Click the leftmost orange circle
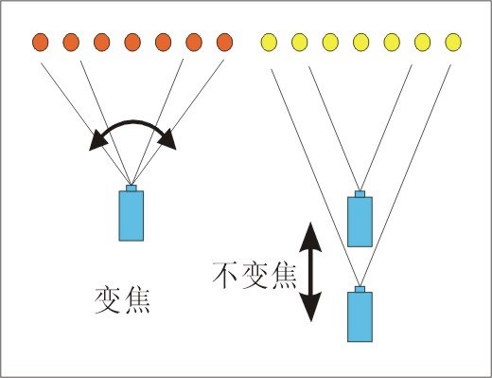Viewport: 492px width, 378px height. click(40, 42)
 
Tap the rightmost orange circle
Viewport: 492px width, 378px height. click(224, 42)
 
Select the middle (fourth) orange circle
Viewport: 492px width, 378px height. click(132, 42)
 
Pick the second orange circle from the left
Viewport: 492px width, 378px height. click(71, 42)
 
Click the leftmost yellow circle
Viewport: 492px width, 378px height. click(269, 42)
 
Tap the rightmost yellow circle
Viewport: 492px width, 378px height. click(453, 42)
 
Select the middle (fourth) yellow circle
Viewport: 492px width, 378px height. click(361, 42)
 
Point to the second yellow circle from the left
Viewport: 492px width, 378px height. click(300, 42)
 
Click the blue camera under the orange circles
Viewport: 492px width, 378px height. click(132, 216)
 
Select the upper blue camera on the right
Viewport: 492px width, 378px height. click(360, 222)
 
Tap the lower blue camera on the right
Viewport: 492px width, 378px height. click(360, 316)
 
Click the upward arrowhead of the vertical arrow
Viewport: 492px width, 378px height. click(312, 233)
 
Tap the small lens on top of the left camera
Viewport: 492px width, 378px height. click(132, 189)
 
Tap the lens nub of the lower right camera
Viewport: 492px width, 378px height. click(360, 289)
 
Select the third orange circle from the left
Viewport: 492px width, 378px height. click(101, 42)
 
